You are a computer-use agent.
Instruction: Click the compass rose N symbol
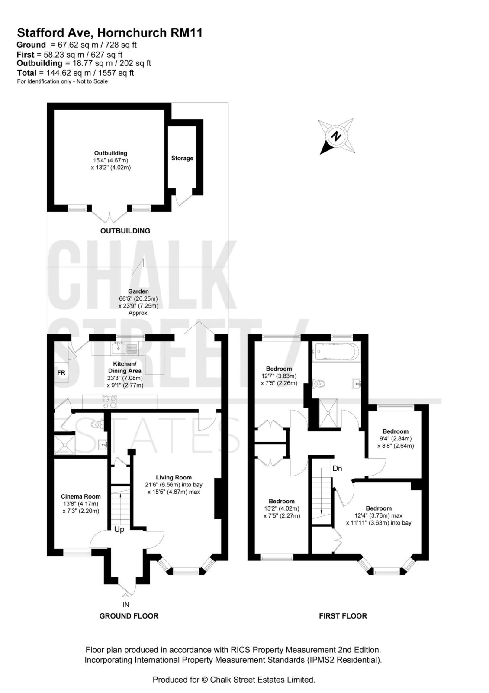coord(336,136)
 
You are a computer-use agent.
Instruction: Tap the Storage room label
coord(182,158)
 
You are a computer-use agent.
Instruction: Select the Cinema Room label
coord(80,496)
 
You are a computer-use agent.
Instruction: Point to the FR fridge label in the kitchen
coord(61,373)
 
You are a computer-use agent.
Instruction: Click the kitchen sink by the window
coord(117,348)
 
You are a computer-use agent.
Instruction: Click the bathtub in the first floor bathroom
coord(336,352)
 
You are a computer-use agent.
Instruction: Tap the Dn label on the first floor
coord(337,469)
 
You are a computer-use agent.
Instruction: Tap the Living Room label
coord(174,477)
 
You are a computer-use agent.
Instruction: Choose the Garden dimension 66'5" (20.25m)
coord(138,299)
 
